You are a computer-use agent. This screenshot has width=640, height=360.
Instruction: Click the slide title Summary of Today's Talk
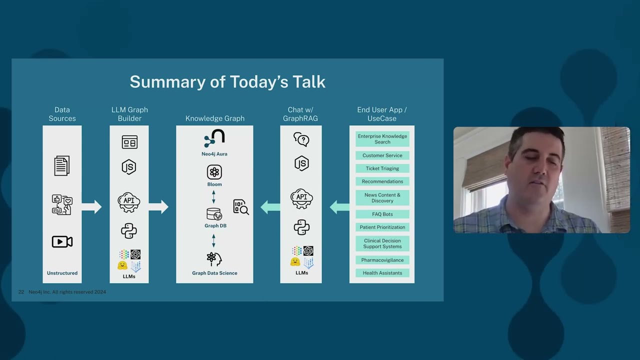click(227, 82)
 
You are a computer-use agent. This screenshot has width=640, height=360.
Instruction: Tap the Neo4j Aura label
click(214, 154)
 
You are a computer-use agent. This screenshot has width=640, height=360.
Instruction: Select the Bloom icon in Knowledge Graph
click(214, 172)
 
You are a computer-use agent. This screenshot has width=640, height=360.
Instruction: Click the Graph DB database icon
click(214, 214)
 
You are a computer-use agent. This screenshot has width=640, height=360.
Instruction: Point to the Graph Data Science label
click(214, 273)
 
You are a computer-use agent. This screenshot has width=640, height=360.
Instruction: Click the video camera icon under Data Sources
click(62, 242)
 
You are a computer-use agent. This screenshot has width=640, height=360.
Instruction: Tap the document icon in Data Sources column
click(62, 165)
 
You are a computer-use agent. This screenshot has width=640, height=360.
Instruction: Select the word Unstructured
click(62, 273)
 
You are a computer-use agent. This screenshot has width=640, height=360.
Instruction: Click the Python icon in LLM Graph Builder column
click(129, 231)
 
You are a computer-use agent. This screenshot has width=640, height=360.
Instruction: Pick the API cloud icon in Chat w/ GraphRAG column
click(301, 198)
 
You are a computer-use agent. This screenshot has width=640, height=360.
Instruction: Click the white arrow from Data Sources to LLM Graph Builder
click(91, 206)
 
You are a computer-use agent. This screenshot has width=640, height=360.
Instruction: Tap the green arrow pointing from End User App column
click(339, 206)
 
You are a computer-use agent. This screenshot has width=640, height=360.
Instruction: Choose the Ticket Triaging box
click(382, 168)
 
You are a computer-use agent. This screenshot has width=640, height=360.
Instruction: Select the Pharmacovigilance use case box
click(382, 260)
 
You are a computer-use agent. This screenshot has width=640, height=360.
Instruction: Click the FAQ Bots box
click(382, 214)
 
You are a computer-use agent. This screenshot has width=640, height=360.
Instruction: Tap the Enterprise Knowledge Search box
click(382, 139)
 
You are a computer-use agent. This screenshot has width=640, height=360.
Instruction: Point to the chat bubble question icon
click(301, 139)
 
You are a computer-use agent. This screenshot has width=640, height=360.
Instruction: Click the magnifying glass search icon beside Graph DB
click(241, 207)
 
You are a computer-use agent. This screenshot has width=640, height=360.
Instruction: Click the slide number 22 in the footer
click(21, 292)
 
